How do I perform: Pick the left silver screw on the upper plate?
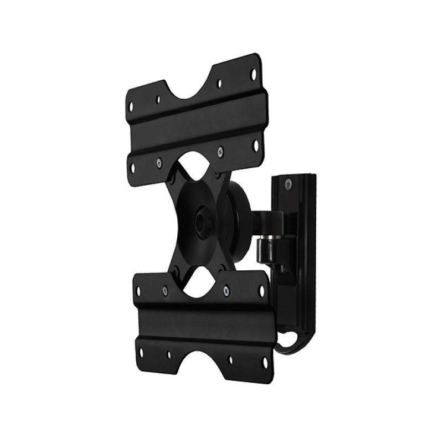pyautogui.click(x=159, y=162)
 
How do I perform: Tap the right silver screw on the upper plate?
pyautogui.click(x=220, y=150)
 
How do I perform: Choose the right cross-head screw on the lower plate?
pyautogui.click(x=225, y=290)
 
